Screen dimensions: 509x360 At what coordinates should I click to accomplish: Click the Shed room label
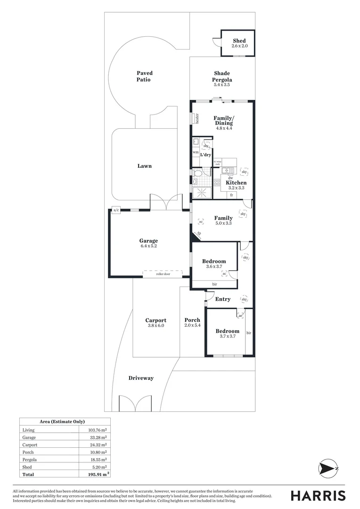239,41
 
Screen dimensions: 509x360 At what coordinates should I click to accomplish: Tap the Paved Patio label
145,76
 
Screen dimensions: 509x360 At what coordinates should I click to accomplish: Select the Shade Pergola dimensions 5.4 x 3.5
222,85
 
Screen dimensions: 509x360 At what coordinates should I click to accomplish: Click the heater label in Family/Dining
197,119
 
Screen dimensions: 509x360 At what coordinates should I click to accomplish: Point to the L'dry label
205,155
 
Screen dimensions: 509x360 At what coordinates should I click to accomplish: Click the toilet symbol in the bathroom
198,174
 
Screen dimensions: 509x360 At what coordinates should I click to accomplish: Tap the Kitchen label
236,182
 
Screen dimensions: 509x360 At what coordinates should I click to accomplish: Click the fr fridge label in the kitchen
231,195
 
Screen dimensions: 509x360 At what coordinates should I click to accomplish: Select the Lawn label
145,166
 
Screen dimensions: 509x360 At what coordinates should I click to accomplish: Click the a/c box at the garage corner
115,210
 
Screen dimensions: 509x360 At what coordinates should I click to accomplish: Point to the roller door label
163,273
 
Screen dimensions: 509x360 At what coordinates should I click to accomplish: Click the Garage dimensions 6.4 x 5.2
148,246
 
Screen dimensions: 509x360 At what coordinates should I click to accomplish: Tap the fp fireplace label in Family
199,233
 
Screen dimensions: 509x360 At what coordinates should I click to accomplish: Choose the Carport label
155,320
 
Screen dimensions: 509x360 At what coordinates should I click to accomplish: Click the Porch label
192,320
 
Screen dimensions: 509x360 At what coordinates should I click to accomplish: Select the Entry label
223,299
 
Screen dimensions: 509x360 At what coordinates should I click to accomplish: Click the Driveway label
141,378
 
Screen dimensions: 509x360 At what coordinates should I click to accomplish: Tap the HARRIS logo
318,495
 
